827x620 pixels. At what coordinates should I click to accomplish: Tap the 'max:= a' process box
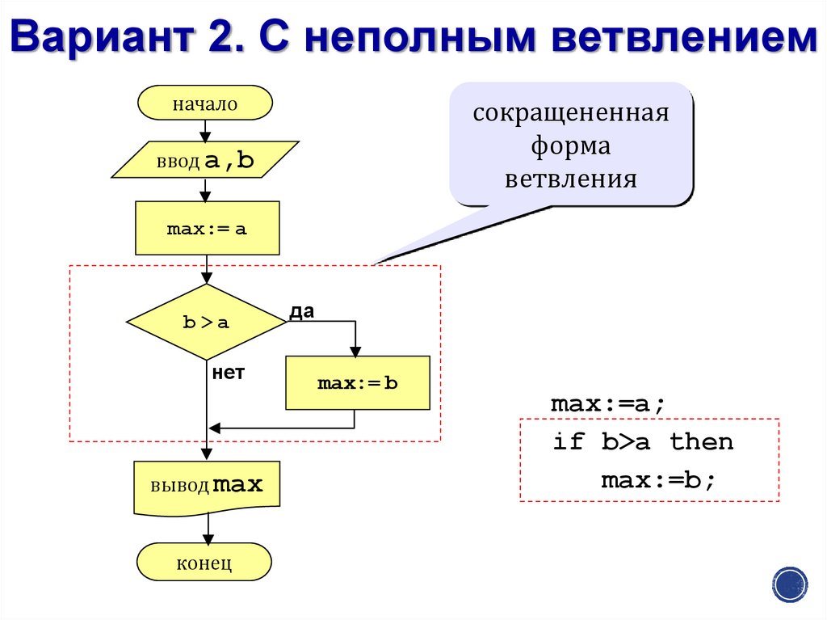[x=207, y=229]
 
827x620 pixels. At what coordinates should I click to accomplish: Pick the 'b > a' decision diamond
[x=207, y=322]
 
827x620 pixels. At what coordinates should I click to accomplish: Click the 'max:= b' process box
[x=358, y=383]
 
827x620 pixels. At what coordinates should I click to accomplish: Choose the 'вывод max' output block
[x=207, y=487]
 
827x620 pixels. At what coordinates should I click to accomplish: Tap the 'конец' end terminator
[x=204, y=562]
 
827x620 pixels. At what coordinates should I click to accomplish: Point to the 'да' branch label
[x=301, y=311]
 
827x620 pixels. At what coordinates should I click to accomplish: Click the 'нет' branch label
[x=229, y=373]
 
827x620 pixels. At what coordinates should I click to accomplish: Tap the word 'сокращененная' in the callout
[x=571, y=112]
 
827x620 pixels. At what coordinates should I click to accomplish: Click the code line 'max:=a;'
[x=609, y=403]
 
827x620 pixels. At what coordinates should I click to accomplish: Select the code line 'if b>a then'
[x=643, y=441]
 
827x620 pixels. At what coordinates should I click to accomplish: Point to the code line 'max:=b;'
[x=658, y=480]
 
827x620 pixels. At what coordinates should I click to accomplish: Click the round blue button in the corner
[x=790, y=583]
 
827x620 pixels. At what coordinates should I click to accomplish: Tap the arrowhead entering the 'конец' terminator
[x=208, y=539]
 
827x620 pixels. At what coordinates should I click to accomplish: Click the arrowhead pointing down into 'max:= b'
[x=355, y=351]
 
